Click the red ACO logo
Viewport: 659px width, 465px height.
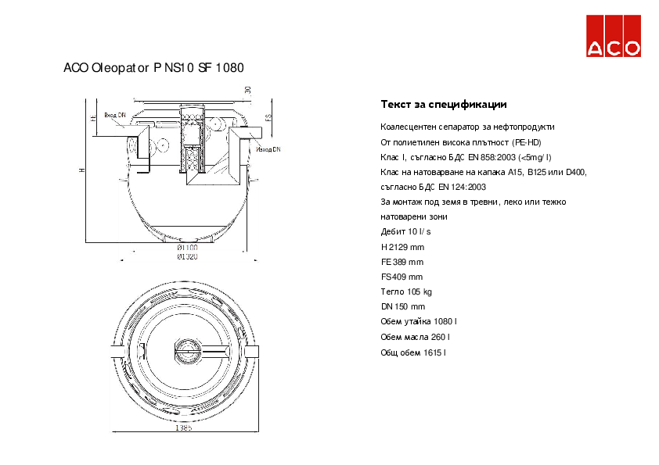(614, 36)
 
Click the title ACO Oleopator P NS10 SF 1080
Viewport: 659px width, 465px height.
(153, 68)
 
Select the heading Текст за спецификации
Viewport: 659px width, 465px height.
(443, 104)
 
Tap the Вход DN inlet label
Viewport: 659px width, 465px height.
(115, 114)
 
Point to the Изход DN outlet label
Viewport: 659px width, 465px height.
(268, 148)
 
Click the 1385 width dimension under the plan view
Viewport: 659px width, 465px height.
(184, 428)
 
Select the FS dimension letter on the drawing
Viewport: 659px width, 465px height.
(268, 118)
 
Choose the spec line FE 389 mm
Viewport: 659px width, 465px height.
(402, 262)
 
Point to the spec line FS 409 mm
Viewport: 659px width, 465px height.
(402, 277)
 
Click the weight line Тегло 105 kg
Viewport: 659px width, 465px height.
(406, 292)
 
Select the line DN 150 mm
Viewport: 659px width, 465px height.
(402, 306)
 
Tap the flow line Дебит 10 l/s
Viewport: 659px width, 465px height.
(405, 232)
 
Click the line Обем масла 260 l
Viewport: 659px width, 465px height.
(415, 337)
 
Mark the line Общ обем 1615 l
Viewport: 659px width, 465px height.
(413, 352)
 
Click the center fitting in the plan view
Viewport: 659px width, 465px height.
(185, 351)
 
